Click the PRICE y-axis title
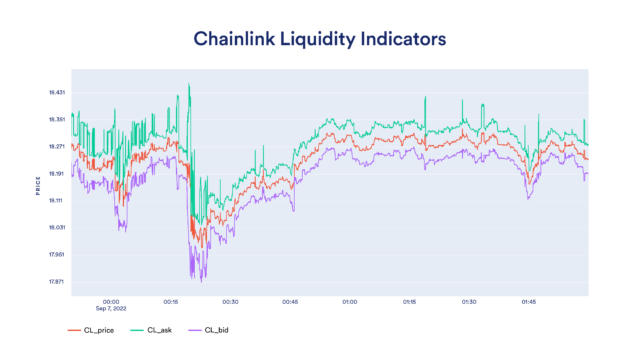pyautogui.click(x=38, y=187)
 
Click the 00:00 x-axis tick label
pyautogui.click(x=111, y=301)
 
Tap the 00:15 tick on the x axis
pyautogui.click(x=171, y=301)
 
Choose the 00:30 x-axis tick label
pyautogui.click(x=230, y=301)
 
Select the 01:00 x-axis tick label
pyautogui.click(x=350, y=301)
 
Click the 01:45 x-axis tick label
pyautogui.click(x=529, y=301)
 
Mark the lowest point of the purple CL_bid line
pyautogui.click(x=189, y=279)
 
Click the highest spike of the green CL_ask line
pyautogui.click(x=188, y=85)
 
